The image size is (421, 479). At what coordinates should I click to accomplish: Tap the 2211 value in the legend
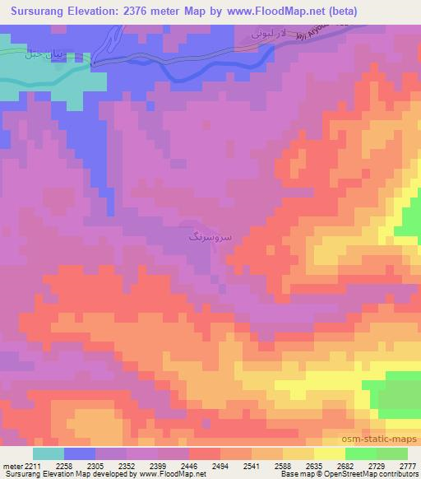[x=32, y=464]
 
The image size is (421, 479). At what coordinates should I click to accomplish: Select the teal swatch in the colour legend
[x=49, y=453]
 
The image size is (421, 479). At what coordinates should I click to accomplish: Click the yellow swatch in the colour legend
[x=329, y=453]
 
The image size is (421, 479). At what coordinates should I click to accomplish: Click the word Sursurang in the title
[x=38, y=11]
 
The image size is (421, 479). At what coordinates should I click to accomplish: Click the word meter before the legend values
[x=12, y=464]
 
